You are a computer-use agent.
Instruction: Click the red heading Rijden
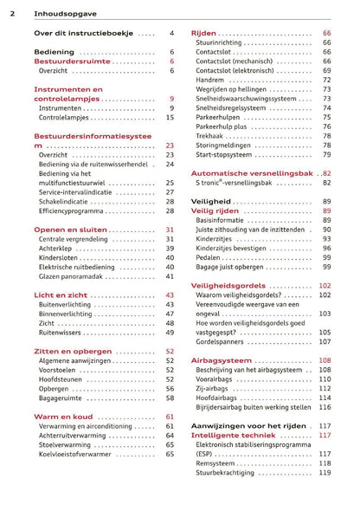pyautogui.click(x=203, y=33)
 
